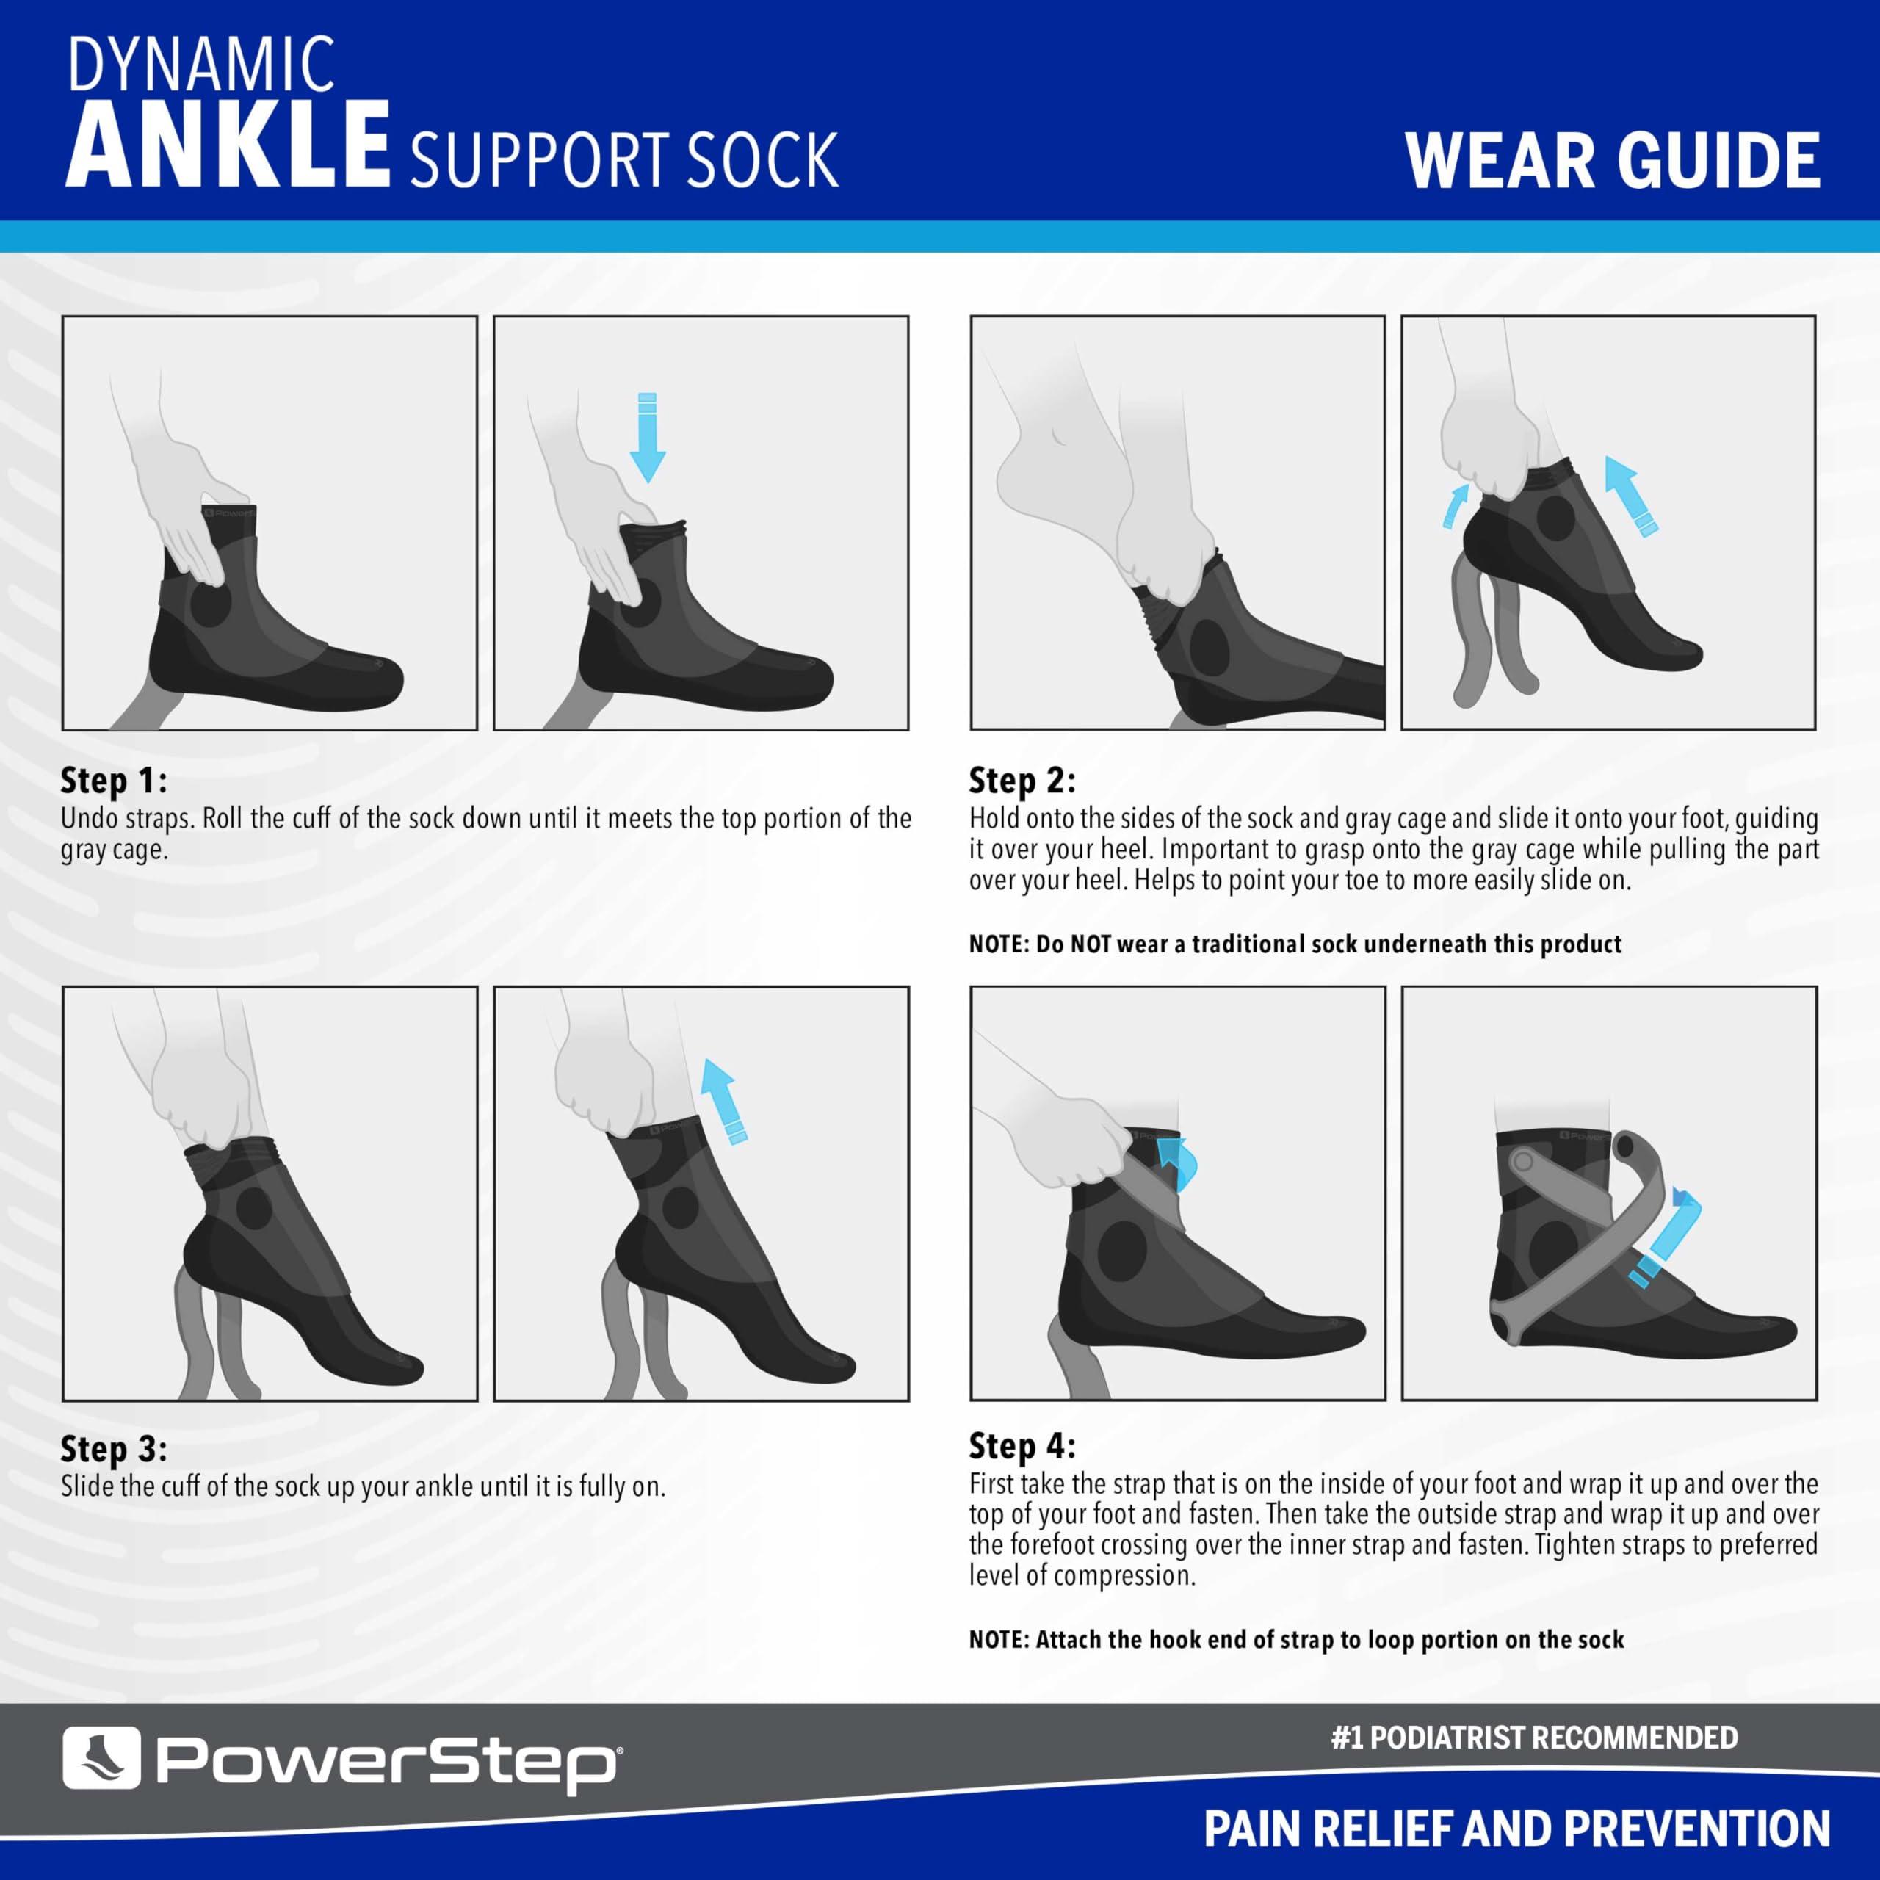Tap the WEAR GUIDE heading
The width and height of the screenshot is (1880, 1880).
pos(1613,161)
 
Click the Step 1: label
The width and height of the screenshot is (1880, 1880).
pos(114,781)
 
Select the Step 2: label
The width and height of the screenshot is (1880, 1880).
pos(1022,781)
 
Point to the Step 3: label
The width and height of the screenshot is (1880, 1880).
pos(114,1449)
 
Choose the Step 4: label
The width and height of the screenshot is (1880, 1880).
pos(1022,1446)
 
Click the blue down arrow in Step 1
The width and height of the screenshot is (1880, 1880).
pos(647,437)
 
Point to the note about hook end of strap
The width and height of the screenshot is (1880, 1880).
pos(1296,1640)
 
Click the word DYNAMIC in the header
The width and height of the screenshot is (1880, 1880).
pos(201,65)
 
